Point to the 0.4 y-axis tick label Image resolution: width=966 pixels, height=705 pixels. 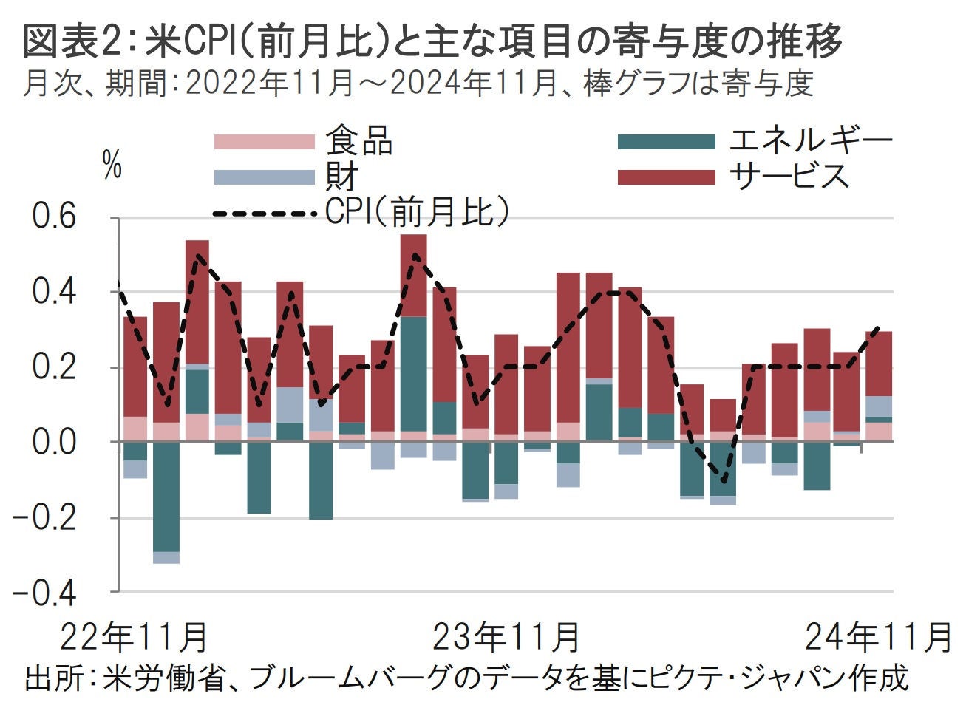pos(55,292)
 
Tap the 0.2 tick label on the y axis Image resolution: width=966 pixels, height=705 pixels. pos(55,367)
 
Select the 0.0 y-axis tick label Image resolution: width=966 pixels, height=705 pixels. pos(55,442)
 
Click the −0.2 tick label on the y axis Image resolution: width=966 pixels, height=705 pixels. pos(46,517)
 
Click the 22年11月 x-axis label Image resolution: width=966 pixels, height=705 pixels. pos(133,636)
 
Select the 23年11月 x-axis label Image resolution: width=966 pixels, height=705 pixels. pos(506,636)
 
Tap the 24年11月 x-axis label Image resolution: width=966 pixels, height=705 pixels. pos(877,636)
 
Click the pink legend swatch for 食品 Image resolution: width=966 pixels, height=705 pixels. pos(265,142)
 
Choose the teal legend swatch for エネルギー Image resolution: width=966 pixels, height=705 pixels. pos(667,142)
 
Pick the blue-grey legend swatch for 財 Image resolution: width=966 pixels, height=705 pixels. pos(265,177)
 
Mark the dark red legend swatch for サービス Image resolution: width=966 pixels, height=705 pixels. pos(667,177)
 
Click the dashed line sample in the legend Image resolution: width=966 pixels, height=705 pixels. pos(265,214)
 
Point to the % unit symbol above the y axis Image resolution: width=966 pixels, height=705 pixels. pos(112,167)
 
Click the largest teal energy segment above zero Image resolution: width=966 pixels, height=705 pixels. pos(414,373)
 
